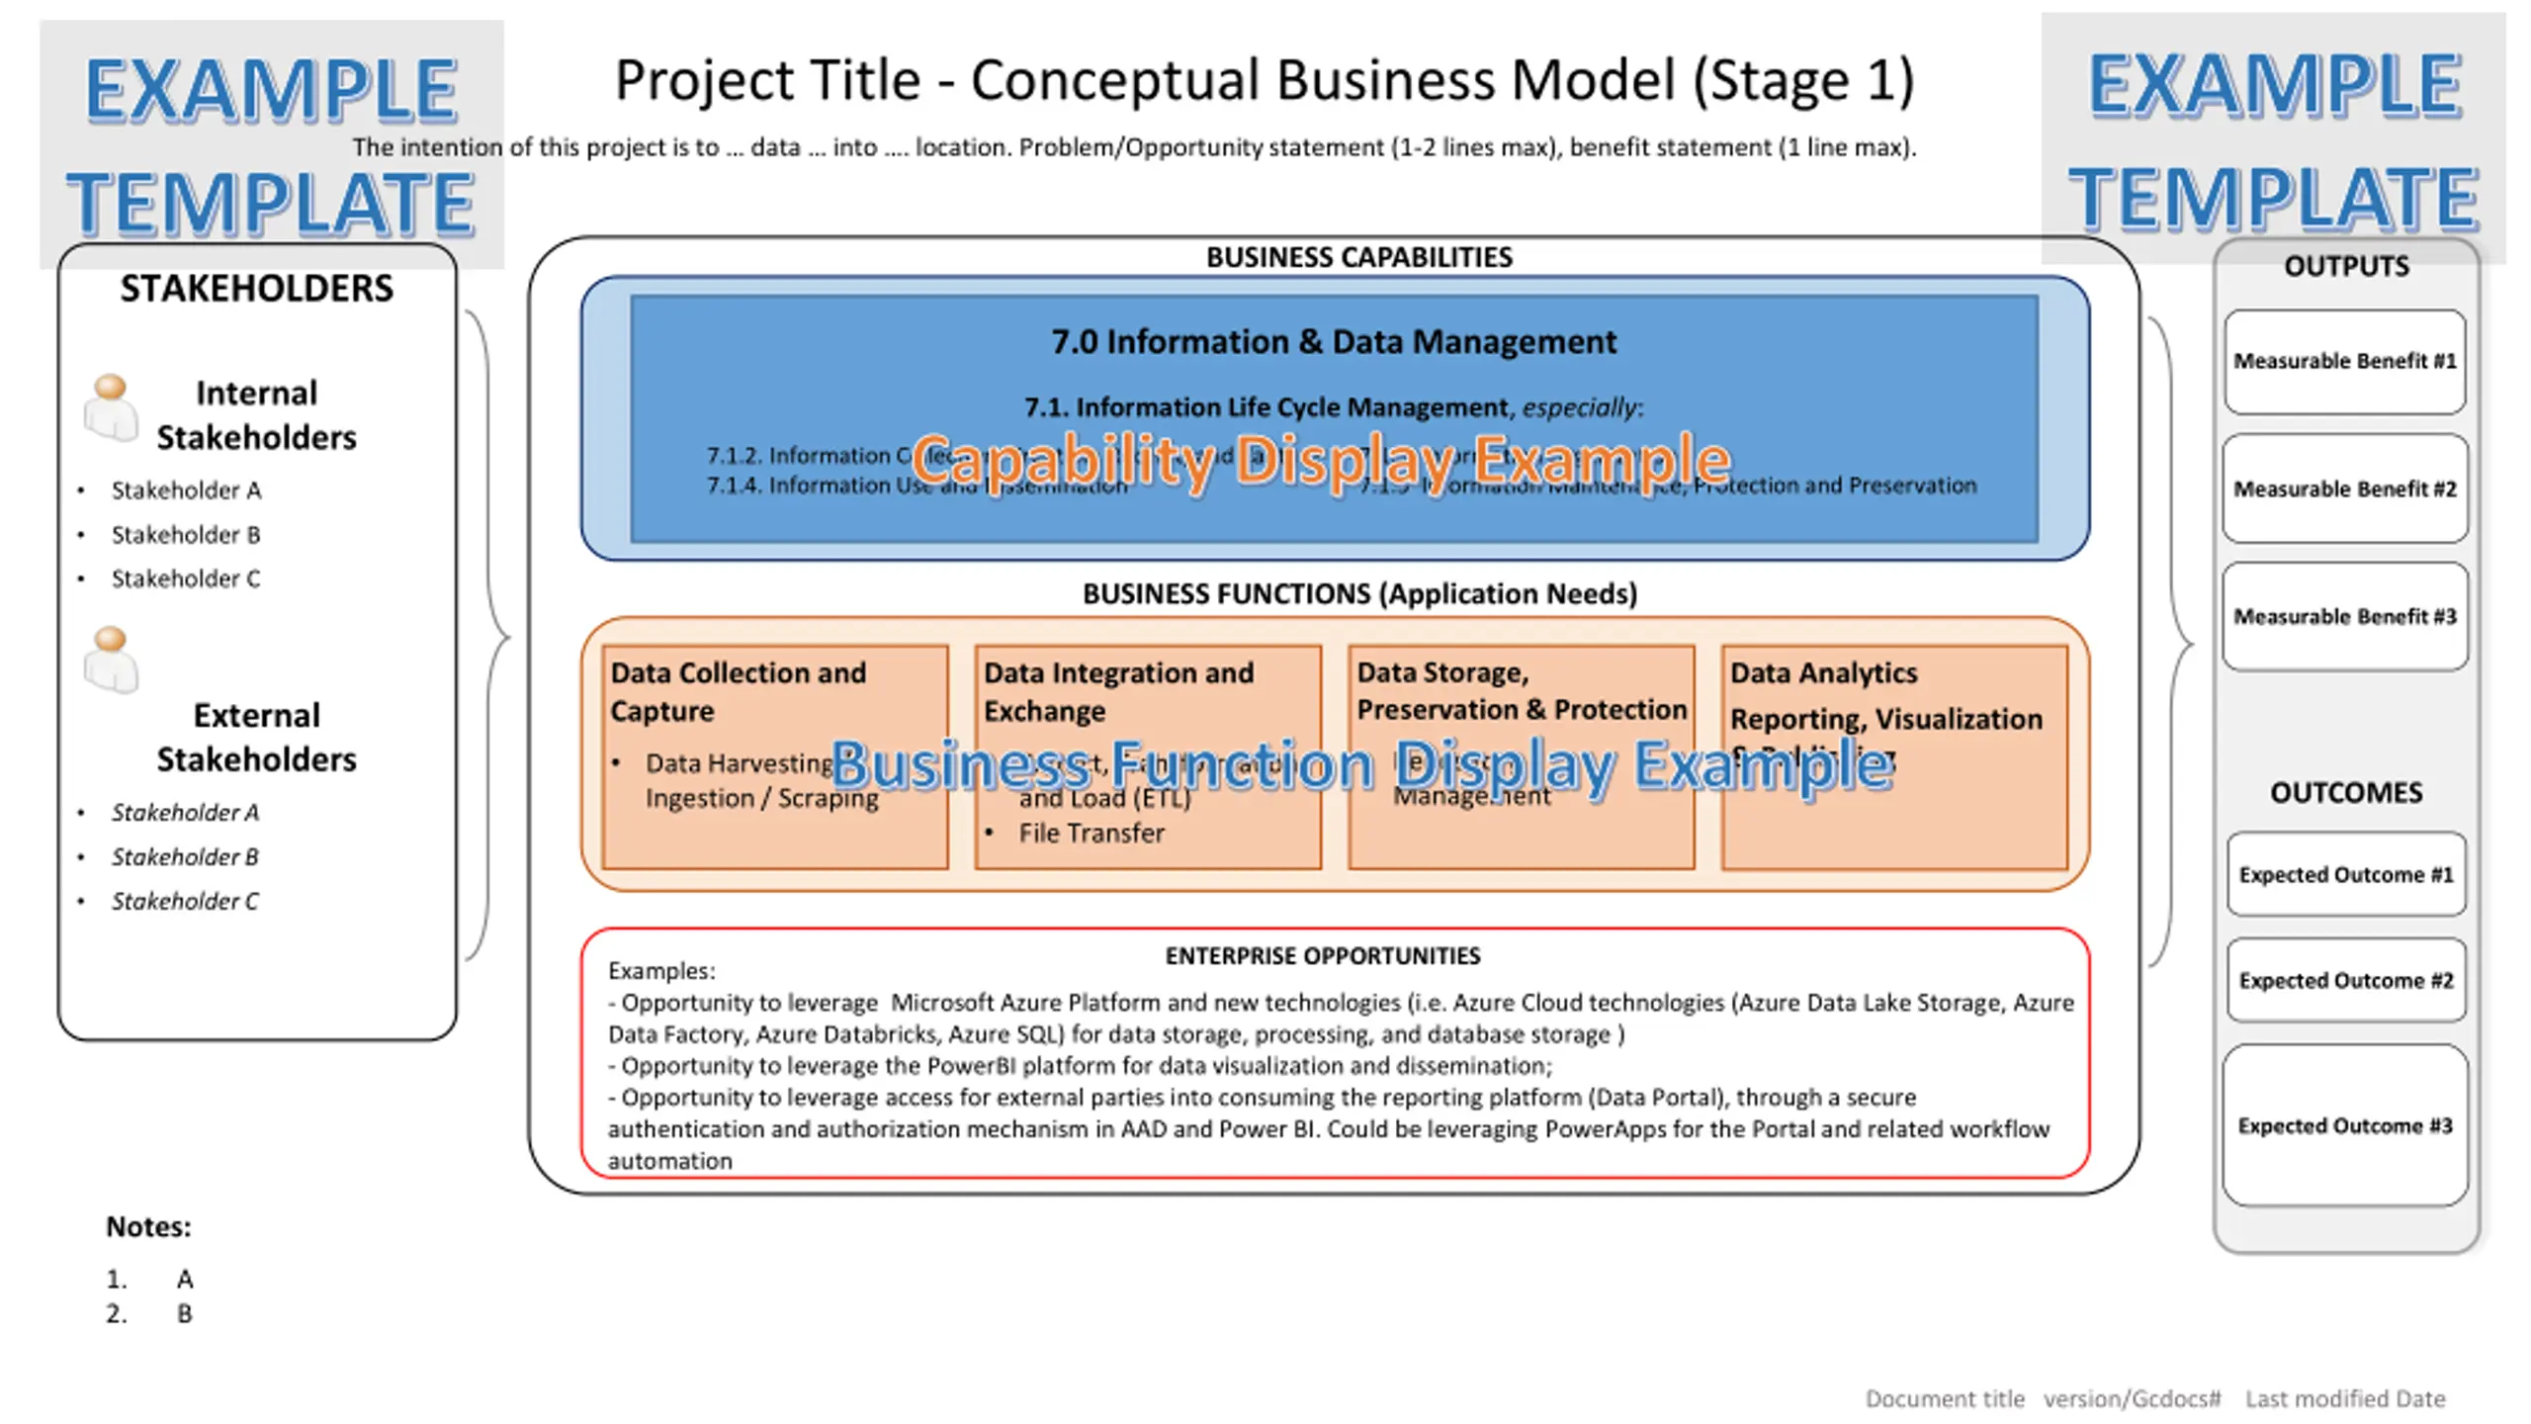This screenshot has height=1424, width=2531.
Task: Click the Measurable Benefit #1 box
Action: tap(2344, 361)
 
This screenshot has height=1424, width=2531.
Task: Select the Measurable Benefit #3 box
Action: tap(2344, 617)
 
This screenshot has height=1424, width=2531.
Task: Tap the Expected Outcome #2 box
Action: tap(2345, 980)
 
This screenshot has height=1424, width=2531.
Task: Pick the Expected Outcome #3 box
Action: tap(2344, 1125)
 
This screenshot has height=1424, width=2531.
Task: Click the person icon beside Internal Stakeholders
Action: tap(111, 406)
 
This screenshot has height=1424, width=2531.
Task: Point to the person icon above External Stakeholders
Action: tap(111, 659)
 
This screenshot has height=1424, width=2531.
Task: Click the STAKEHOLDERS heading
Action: tap(256, 289)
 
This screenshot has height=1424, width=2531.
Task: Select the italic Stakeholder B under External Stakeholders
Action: tap(185, 856)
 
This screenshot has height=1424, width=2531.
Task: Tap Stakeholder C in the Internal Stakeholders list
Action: tap(186, 578)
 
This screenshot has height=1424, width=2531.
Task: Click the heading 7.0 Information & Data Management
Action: tap(1333, 342)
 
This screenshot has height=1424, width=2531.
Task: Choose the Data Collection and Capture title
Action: tap(738, 691)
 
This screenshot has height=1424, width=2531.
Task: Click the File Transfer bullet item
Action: tap(1091, 834)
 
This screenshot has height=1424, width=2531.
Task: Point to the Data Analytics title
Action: tap(1823, 673)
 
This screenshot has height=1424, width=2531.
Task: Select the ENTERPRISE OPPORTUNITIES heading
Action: tap(1322, 956)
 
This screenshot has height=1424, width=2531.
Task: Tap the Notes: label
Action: tap(148, 1227)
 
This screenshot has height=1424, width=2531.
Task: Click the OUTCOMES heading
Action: tap(2345, 793)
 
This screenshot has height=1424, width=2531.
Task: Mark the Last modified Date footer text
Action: tap(2344, 1399)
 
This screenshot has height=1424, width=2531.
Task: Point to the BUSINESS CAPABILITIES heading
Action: tap(1358, 257)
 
